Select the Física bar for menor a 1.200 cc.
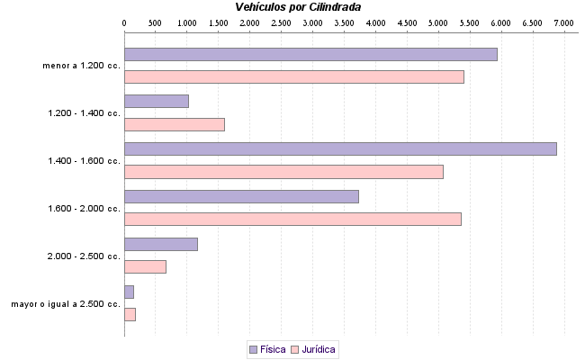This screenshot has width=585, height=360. point(310,54)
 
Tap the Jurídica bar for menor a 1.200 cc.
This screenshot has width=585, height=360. point(293,76)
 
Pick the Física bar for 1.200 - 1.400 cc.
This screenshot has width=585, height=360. point(156,101)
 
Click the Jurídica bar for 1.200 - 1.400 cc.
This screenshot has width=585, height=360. point(174,124)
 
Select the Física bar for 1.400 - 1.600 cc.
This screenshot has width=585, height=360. point(340,148)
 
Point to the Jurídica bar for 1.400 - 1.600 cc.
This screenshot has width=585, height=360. point(283,172)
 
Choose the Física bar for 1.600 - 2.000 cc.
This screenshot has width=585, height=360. point(241,196)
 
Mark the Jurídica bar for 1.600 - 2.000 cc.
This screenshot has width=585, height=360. point(292,219)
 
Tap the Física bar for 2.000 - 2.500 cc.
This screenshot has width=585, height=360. point(160,244)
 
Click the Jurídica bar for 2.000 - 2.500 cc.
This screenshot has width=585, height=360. point(145,266)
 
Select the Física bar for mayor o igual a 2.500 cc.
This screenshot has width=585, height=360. point(129,292)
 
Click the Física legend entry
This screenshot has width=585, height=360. point(267,348)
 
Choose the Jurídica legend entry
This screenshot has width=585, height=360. point(312,348)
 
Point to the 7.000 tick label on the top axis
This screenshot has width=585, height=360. point(564,22)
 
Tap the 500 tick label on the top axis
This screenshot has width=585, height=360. point(155,22)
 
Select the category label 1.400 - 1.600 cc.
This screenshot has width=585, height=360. point(84,160)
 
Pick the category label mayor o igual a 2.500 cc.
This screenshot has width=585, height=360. point(66,304)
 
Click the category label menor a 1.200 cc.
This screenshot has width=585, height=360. point(81,66)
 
